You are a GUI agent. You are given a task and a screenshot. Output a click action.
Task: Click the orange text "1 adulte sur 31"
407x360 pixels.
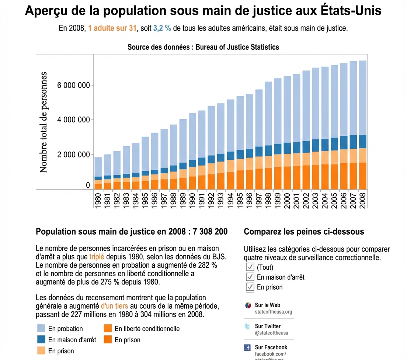pyautogui.click(x=112, y=28)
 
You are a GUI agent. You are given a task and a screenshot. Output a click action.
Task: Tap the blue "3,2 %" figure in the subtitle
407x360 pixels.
pyautogui.click(x=162, y=28)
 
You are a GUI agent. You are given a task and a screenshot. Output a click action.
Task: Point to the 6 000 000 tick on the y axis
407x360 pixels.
pyautogui.click(x=74, y=86)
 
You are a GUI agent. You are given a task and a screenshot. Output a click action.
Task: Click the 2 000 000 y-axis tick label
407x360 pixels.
pyautogui.click(x=74, y=155)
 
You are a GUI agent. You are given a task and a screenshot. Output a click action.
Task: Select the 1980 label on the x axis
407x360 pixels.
pyautogui.click(x=98, y=200)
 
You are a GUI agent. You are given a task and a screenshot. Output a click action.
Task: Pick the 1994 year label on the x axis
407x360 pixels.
pyautogui.click(x=230, y=200)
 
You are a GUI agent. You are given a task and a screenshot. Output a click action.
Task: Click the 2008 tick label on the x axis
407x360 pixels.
pyautogui.click(x=362, y=200)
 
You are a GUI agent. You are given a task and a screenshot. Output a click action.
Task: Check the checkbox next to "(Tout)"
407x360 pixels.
pyautogui.click(x=250, y=267)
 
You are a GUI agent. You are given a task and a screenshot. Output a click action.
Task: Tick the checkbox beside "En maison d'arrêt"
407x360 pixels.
pyautogui.click(x=250, y=277)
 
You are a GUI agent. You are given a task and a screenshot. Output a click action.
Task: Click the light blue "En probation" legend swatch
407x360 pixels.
pyautogui.click(x=41, y=329)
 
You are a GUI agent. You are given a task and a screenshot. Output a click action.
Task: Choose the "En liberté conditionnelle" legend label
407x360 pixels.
pyautogui.click(x=147, y=329)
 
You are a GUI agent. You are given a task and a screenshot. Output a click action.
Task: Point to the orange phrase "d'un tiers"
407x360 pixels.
pyautogui.click(x=114, y=306)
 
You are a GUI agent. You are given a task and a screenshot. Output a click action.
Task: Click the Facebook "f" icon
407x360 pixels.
pyautogui.click(x=248, y=347)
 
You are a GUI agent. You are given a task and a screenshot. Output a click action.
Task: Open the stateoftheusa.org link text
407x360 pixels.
pyautogui.click(x=273, y=312)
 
